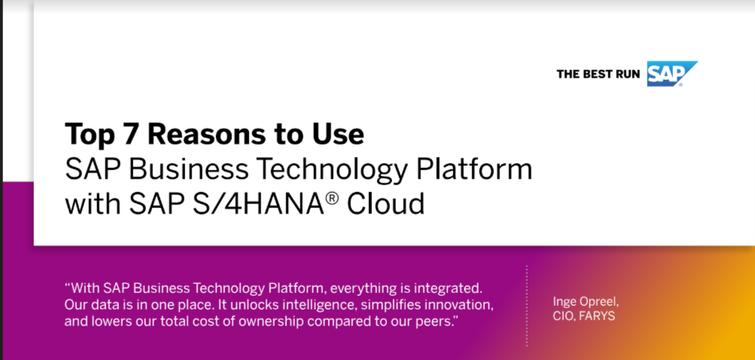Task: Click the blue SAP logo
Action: click(671, 74)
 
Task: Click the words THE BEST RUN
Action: click(598, 75)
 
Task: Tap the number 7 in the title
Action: click(130, 134)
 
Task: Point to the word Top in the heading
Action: click(90, 136)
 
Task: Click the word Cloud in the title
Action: click(386, 204)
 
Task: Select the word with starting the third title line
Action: click(93, 204)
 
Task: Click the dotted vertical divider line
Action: click(527, 305)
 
